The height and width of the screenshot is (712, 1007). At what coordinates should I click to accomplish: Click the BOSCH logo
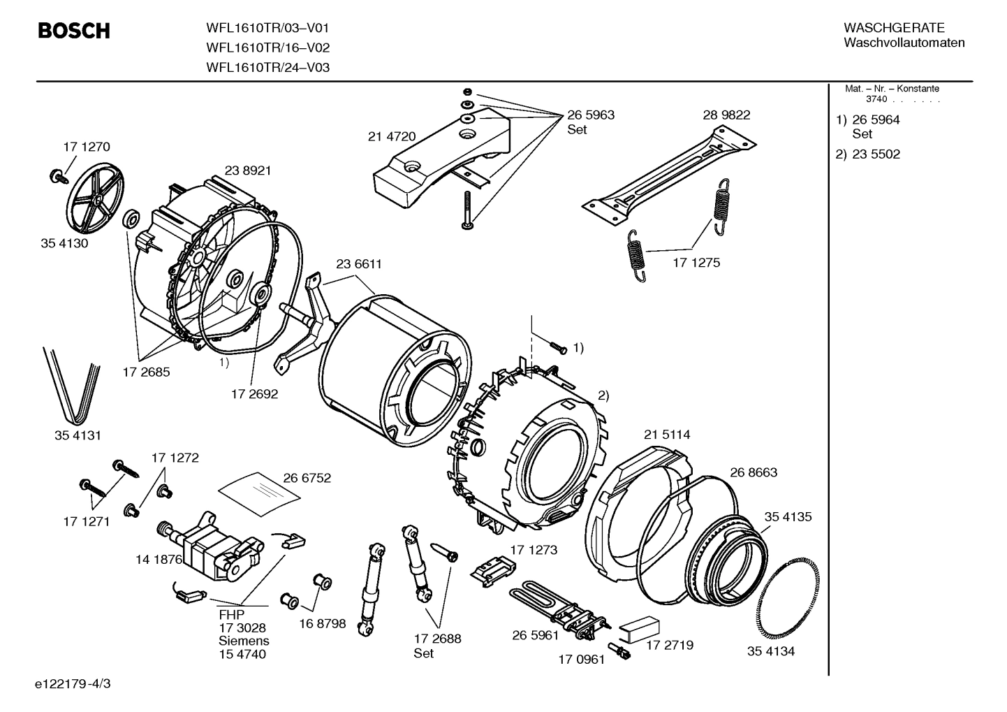click(73, 31)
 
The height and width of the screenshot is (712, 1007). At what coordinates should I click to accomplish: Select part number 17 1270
click(87, 147)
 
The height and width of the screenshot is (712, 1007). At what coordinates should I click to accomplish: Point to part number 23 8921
click(248, 170)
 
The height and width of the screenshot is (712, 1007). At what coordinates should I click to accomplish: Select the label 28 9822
click(726, 115)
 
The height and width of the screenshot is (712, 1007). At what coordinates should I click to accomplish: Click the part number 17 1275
click(696, 263)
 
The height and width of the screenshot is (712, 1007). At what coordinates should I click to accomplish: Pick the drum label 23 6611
click(359, 265)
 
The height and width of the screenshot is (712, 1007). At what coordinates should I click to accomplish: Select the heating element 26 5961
click(559, 609)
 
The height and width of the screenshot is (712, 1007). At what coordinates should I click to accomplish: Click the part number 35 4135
click(788, 517)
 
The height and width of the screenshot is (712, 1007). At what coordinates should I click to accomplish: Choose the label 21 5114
click(667, 435)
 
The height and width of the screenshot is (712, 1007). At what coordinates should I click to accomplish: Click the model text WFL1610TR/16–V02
click(267, 48)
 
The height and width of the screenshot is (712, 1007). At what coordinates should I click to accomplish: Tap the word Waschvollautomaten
click(904, 43)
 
